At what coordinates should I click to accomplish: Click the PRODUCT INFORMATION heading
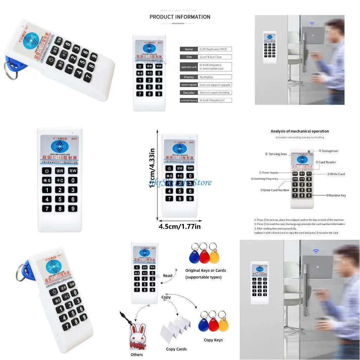coord(180,17)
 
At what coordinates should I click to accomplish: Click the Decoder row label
coord(189,92)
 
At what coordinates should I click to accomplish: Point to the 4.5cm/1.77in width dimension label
coord(180,226)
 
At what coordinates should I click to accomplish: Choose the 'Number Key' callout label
coord(337,195)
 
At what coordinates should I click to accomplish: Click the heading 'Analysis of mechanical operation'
coord(300,131)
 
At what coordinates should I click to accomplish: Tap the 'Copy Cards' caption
coord(176,349)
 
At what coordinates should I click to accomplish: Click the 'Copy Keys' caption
coord(213,340)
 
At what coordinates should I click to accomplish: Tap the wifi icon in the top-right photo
coord(311,24)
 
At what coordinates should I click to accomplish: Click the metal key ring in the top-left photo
coord(11,70)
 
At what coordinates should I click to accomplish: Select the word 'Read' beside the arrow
coord(168,276)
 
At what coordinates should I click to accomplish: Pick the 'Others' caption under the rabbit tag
coord(137,355)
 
